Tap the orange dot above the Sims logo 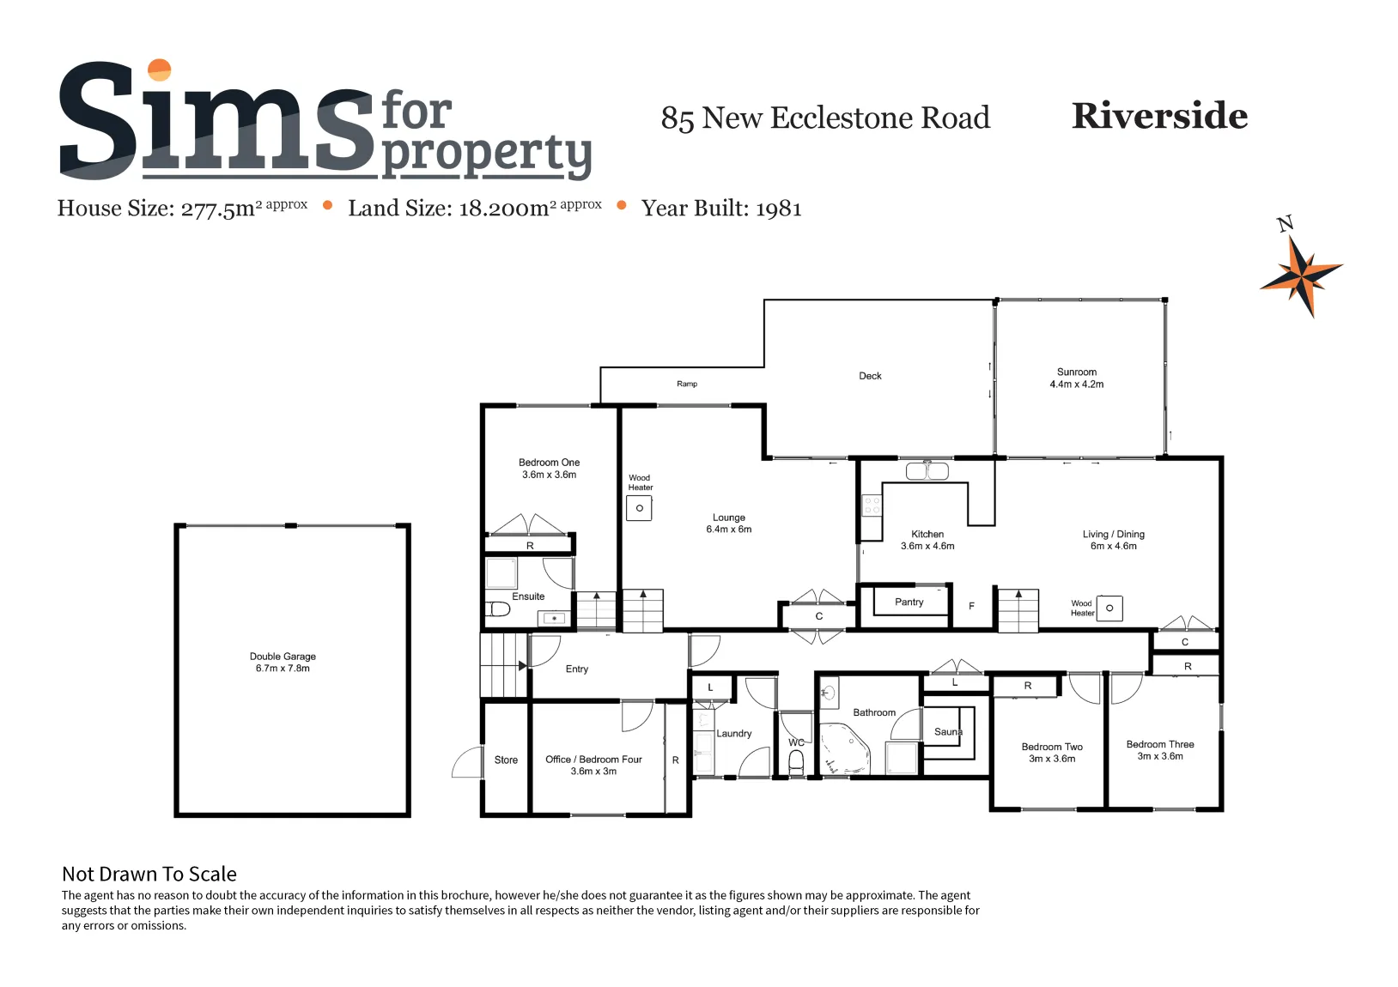click(160, 70)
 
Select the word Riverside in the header click(1159, 116)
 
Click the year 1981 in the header click(778, 209)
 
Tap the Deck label click(870, 376)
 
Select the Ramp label click(687, 384)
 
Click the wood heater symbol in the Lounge click(639, 508)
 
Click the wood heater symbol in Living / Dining click(1109, 609)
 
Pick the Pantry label click(909, 602)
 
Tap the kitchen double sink click(927, 471)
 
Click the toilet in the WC click(796, 762)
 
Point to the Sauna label click(948, 732)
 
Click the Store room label click(506, 760)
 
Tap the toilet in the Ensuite click(498, 609)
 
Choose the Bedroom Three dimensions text click(1160, 756)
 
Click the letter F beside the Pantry click(971, 606)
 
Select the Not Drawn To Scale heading click(149, 874)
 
